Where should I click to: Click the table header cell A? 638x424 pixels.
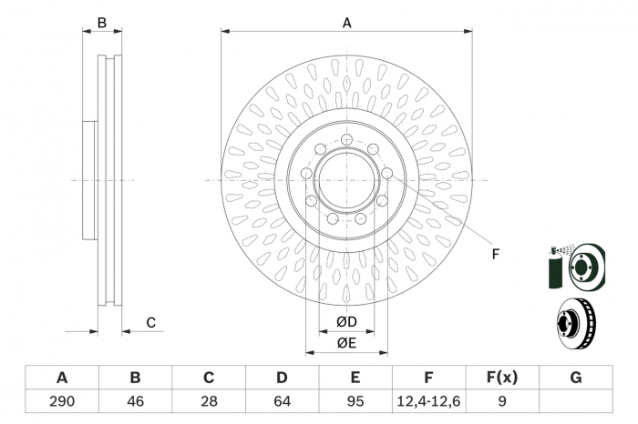coord(61,378)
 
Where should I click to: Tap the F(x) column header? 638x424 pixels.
coord(502,378)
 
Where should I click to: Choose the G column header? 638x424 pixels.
coord(575,378)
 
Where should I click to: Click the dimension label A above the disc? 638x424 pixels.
coord(346,23)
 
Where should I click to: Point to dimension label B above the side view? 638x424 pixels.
coord(102,22)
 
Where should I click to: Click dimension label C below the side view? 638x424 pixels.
coord(151,322)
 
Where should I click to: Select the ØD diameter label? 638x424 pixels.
coord(345,321)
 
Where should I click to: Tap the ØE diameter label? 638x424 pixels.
coord(345,342)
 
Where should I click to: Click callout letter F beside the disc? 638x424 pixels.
coord(496,254)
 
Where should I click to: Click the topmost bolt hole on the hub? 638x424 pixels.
coord(347,139)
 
